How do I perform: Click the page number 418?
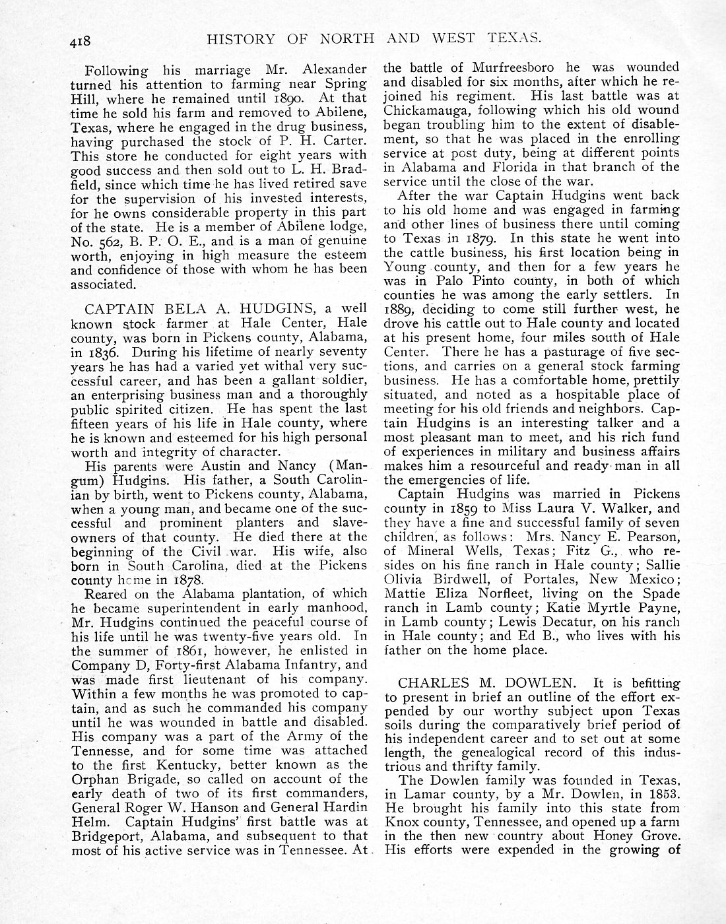coord(83,42)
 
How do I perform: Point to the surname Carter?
coord(345,141)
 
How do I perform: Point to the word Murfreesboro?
coord(513,68)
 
